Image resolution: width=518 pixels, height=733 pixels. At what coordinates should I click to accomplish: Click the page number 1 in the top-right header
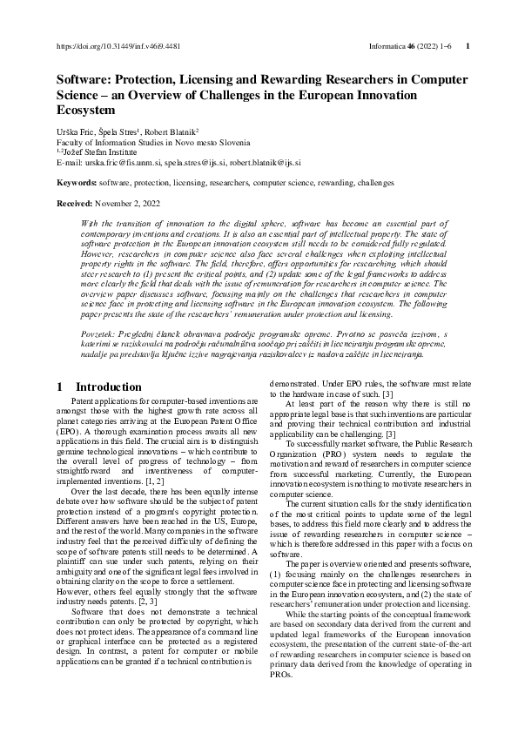(x=468, y=46)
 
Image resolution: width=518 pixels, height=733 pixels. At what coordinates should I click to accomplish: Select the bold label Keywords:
(x=76, y=183)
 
